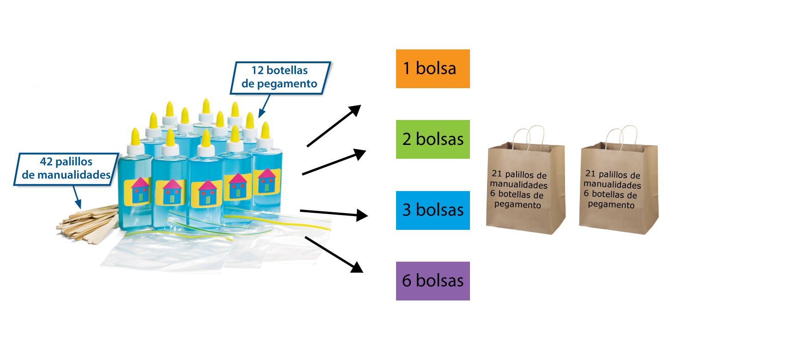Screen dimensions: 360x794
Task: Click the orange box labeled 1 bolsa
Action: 433,69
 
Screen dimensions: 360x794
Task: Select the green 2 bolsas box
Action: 433,139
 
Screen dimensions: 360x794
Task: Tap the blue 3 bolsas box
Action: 433,210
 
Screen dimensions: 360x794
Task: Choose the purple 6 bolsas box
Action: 433,281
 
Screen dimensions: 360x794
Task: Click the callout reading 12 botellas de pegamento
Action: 280,78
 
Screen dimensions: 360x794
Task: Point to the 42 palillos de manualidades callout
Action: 66,169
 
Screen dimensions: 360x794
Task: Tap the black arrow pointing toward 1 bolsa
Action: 334,126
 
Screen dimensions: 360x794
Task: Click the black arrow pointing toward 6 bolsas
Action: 334,254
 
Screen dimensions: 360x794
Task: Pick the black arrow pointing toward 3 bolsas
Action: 334,213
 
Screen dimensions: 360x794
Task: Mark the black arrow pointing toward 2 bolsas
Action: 334,162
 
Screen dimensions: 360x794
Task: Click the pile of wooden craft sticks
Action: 88,224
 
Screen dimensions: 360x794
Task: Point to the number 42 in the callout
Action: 46,162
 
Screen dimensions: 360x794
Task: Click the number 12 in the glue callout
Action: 257,71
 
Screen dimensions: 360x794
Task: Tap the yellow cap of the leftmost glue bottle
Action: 135,137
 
